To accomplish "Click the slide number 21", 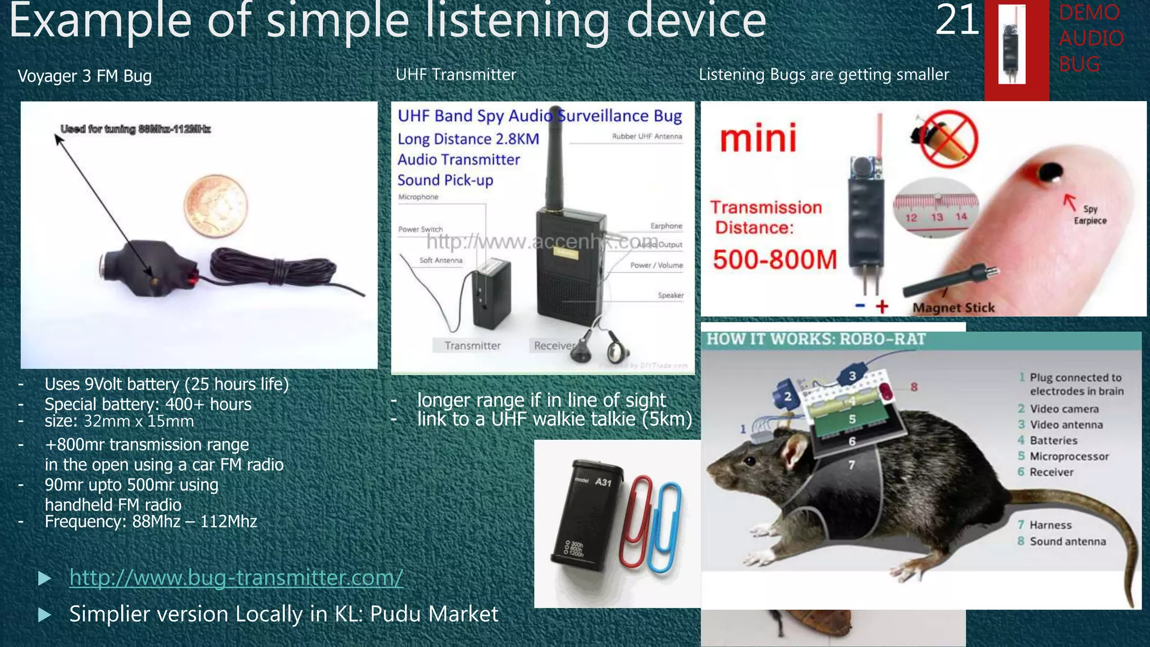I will [957, 20].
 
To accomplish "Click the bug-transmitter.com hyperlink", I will [236, 577].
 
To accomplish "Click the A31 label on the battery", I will [603, 482].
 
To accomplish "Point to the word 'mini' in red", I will [758, 138].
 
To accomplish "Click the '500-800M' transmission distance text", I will [775, 260].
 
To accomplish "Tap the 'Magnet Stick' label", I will [953, 308].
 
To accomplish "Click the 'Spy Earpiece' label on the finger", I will [1090, 215].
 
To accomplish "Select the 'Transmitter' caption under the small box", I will [472, 345].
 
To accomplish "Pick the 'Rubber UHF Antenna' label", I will [647, 136].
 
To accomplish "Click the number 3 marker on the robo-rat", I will [852, 376].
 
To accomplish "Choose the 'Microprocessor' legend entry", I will [1069, 456].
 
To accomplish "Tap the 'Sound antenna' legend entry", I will [1067, 541].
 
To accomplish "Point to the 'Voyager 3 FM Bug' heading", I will [85, 76].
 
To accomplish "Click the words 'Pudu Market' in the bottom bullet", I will [434, 614].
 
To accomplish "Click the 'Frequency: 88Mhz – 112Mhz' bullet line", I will [150, 522].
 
